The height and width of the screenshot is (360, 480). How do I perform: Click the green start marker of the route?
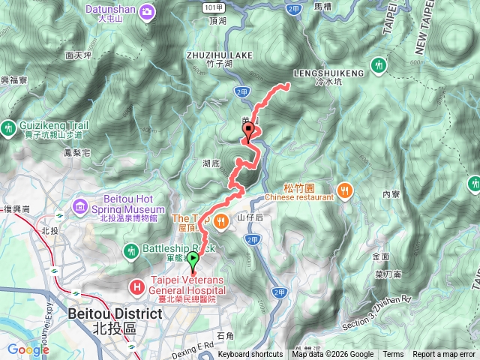193,262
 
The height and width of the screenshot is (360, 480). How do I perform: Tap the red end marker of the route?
247,133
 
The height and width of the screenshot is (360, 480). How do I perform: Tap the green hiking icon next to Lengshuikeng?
379,66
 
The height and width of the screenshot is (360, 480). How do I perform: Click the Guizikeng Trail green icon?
8,128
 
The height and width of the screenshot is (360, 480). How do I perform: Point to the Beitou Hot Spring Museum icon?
80,205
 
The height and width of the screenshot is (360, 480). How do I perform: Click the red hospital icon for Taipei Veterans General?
137,286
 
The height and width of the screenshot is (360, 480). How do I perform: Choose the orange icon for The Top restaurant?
221,220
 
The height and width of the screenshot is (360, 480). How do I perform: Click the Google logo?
28,349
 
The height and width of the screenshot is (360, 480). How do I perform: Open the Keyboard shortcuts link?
250,355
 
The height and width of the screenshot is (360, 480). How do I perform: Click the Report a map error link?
445,355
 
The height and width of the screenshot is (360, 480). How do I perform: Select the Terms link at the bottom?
393,355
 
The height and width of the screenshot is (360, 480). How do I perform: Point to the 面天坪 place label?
79,55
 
